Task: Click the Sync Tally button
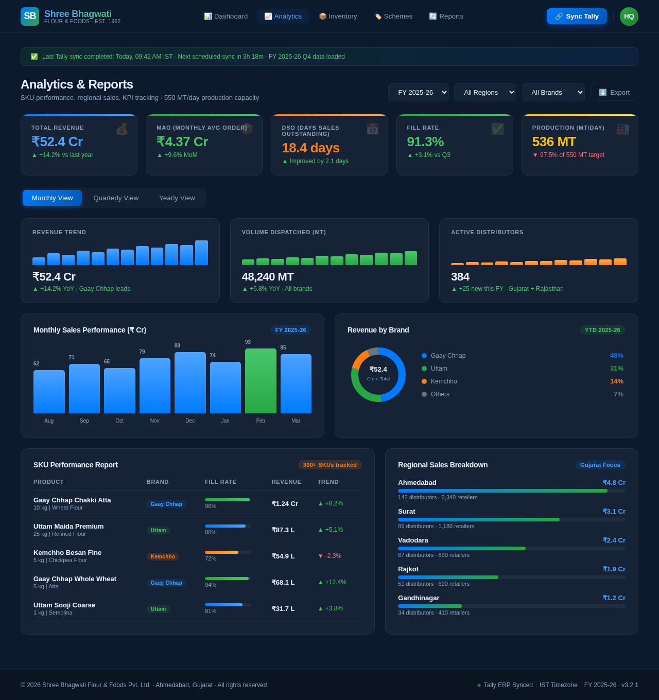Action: [577, 16]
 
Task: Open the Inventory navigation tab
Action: [338, 16]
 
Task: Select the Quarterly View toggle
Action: [116, 198]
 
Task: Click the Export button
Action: [614, 93]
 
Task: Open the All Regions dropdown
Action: [485, 93]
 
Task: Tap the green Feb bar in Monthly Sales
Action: [261, 381]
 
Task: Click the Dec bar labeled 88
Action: [190, 382]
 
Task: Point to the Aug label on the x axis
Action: [49, 421]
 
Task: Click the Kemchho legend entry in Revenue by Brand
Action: [443, 381]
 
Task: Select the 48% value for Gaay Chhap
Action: [616, 356]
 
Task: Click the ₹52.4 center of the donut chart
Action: [378, 370]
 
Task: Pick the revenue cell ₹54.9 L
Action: [283, 556]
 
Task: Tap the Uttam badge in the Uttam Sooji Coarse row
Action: [158, 609]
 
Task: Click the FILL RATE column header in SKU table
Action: [220, 482]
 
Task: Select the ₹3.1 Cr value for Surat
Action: [614, 512]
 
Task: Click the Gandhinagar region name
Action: [419, 598]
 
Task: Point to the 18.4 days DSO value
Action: [310, 148]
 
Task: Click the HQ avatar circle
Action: [629, 16]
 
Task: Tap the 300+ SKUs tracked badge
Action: [329, 465]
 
